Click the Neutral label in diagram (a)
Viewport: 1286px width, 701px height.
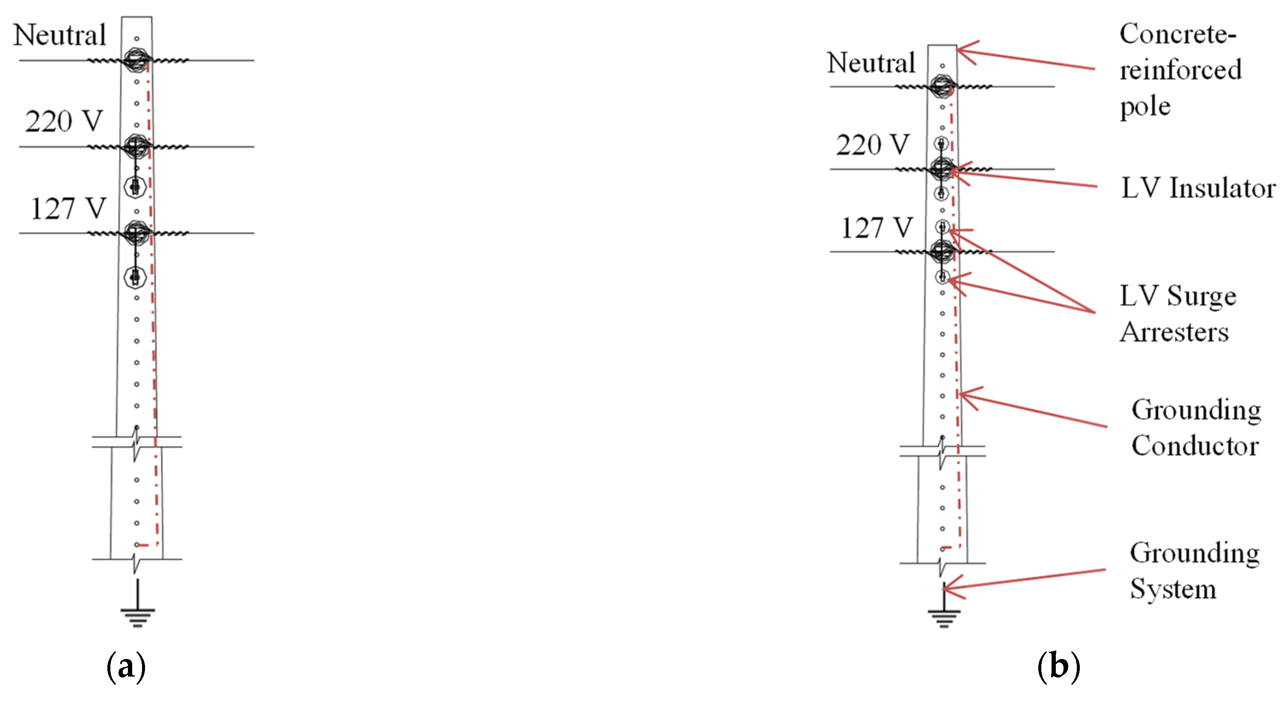59,35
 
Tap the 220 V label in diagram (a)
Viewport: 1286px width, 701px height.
64,122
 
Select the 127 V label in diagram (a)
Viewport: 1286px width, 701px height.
68,209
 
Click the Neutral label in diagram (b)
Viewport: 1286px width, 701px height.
871,63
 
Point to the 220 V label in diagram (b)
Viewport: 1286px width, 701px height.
873,145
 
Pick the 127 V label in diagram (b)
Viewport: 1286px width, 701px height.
877,228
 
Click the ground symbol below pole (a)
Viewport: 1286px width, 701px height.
138,603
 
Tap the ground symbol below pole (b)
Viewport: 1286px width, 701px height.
943,606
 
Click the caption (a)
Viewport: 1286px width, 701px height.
126,666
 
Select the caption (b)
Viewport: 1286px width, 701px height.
1059,666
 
